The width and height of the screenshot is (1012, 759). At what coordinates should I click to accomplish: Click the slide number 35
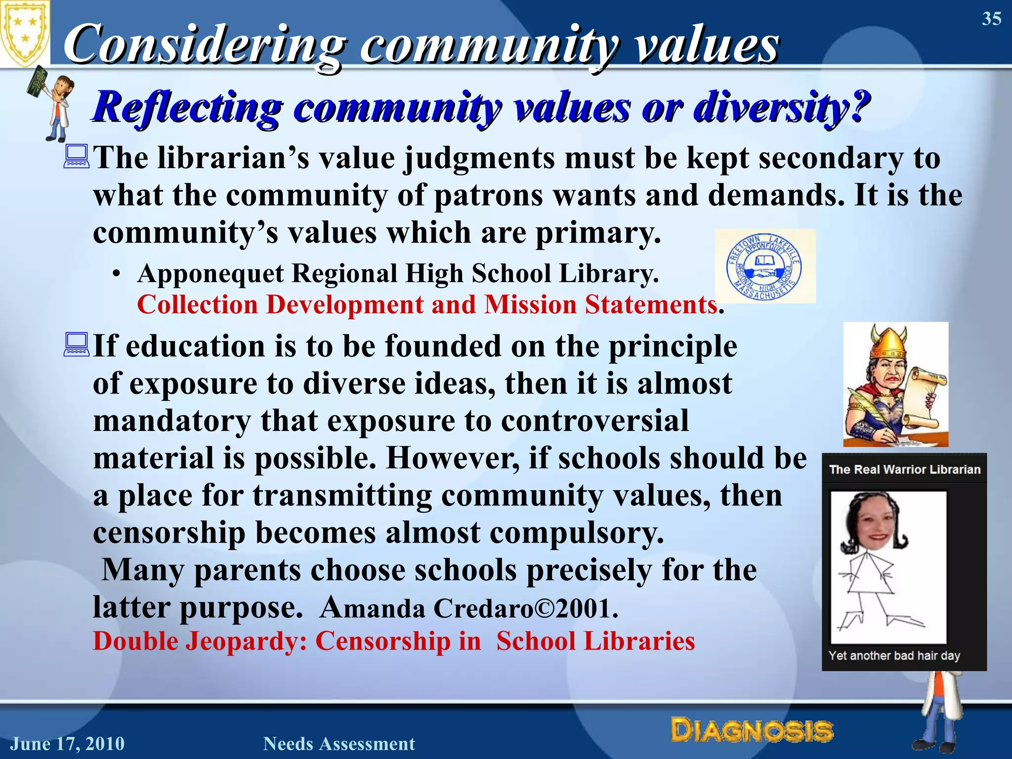point(991,19)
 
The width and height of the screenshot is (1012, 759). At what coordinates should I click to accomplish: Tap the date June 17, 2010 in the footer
point(68,744)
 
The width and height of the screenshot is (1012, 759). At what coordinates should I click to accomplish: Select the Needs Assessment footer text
point(339,744)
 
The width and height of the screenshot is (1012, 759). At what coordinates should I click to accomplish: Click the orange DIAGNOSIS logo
point(752,731)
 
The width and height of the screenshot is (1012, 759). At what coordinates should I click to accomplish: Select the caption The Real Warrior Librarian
point(904,469)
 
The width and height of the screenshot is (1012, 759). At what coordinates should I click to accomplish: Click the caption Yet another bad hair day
point(894,656)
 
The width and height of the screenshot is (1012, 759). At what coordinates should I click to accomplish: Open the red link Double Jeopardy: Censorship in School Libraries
point(394,641)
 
